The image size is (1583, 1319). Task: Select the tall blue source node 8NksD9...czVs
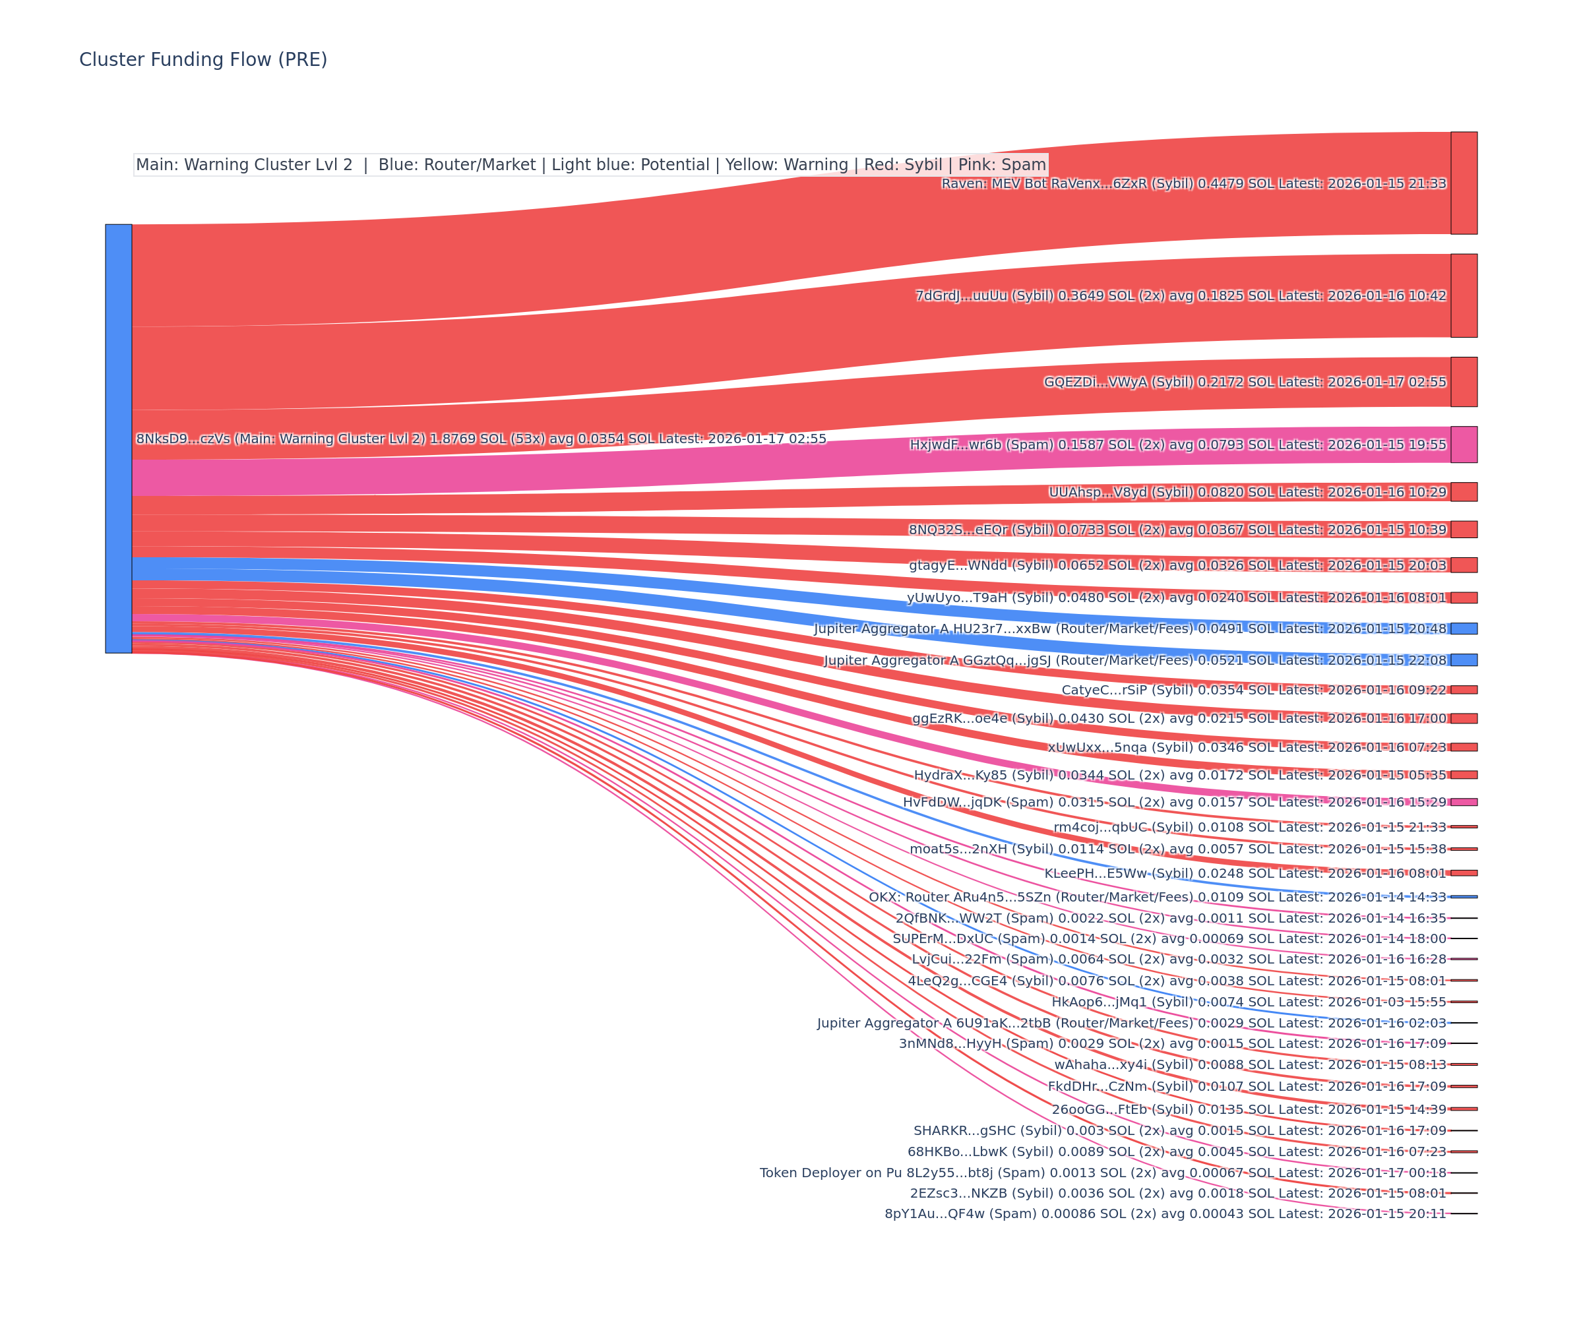pos(118,438)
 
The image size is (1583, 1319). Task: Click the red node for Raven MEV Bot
pos(1463,183)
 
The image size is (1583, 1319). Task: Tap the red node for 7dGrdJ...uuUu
pos(1463,295)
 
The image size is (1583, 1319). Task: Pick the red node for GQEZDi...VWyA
pos(1463,382)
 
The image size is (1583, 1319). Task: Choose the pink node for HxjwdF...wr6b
pos(1463,445)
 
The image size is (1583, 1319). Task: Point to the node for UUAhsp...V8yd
pos(1463,492)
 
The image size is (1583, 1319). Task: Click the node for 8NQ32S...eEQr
pos(1463,529)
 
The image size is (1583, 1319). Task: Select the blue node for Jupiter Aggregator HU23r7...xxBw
pos(1463,629)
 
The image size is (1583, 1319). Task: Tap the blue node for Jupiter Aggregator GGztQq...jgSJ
pos(1463,660)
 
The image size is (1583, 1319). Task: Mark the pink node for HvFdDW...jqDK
pos(1463,802)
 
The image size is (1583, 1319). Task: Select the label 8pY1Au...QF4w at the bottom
pos(1165,1213)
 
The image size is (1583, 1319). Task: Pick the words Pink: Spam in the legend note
pos(1002,165)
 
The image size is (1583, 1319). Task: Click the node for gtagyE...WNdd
pos(1463,565)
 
